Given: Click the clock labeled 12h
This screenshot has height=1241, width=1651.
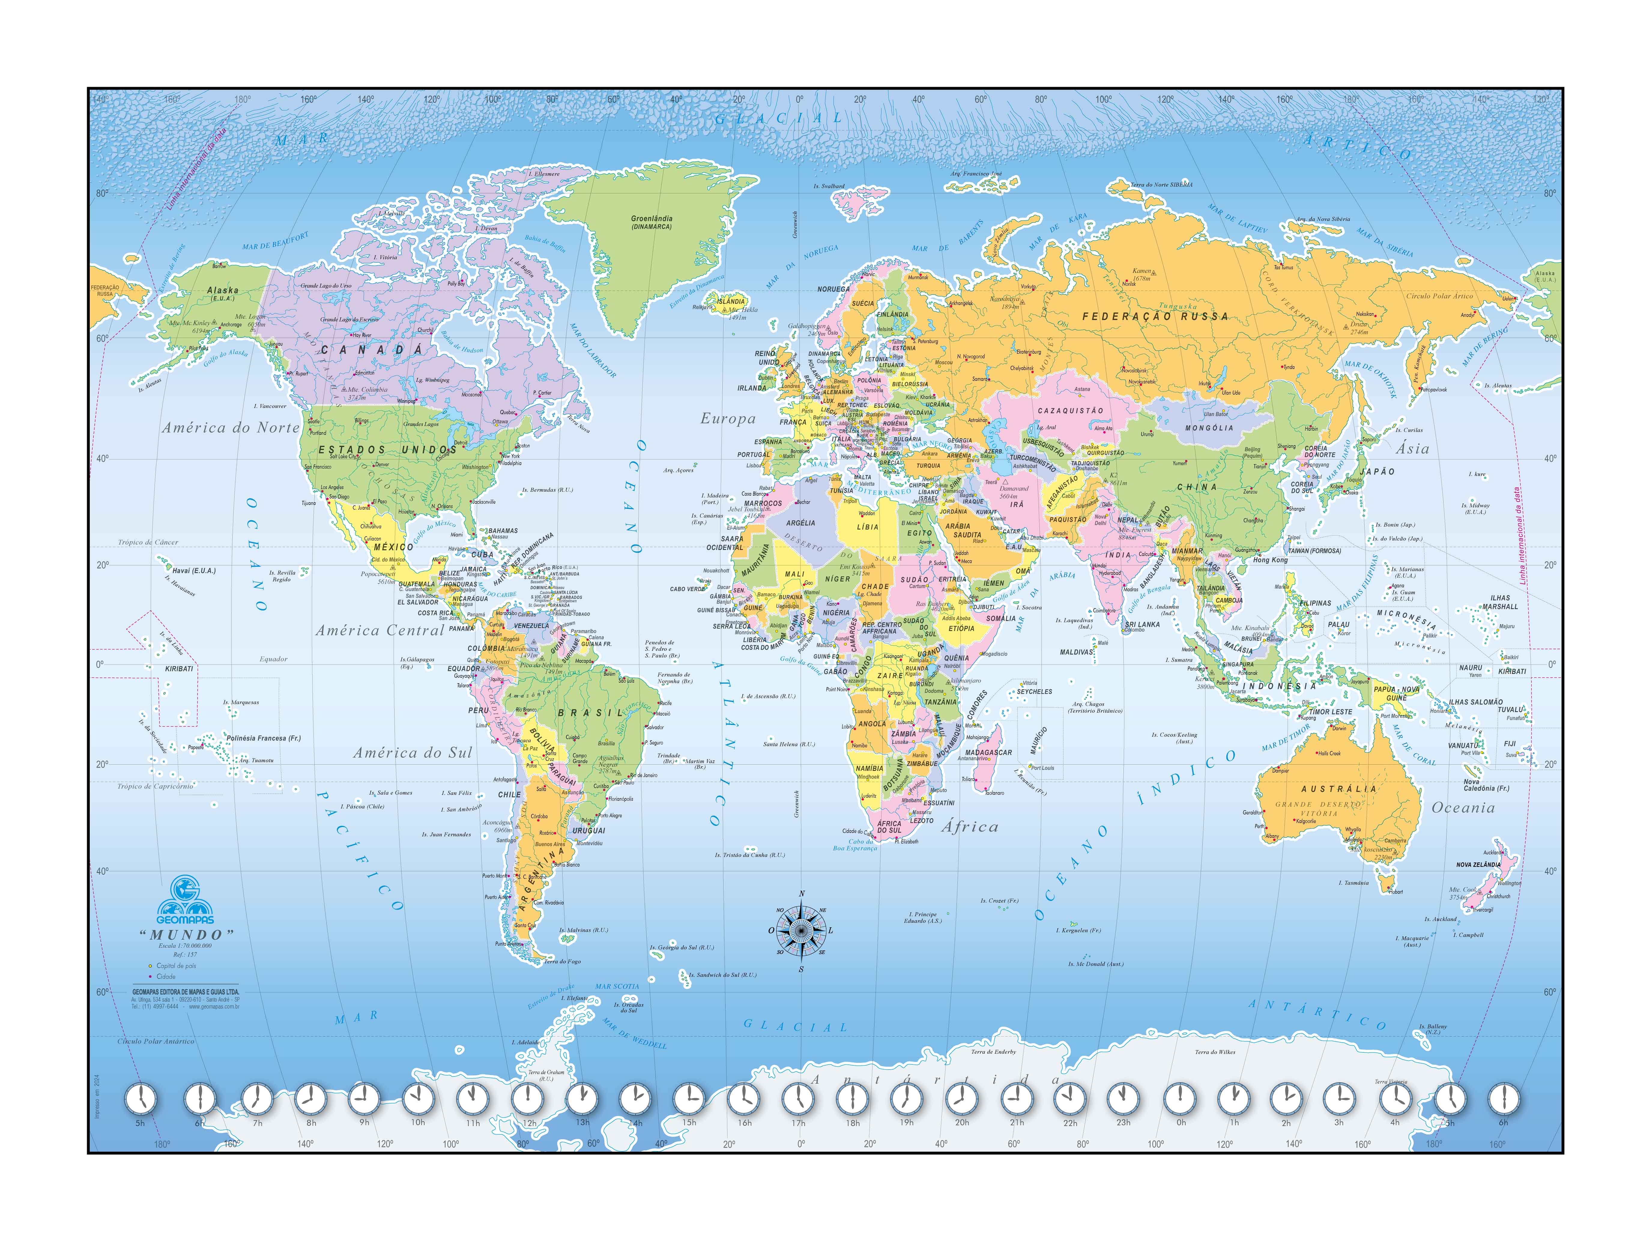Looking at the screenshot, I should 528,1098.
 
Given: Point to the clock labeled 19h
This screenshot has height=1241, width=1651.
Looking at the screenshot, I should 906,1098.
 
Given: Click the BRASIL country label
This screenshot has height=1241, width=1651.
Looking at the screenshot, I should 590,713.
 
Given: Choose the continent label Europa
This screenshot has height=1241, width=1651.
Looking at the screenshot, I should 728,419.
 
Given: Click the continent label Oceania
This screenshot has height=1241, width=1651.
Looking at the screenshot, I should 1463,808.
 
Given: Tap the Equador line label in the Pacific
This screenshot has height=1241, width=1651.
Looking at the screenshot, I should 273,659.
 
